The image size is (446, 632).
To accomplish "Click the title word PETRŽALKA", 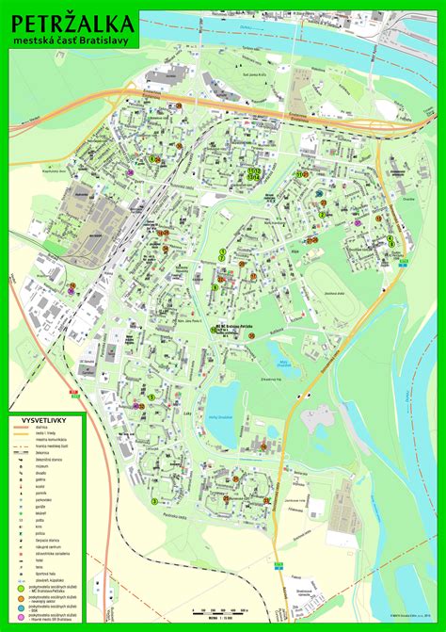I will tap(72, 22).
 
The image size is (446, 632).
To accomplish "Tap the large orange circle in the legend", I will tap(20, 600).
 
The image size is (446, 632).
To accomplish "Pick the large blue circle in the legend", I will tap(20, 610).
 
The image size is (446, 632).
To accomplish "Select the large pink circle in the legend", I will tap(20, 620).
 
